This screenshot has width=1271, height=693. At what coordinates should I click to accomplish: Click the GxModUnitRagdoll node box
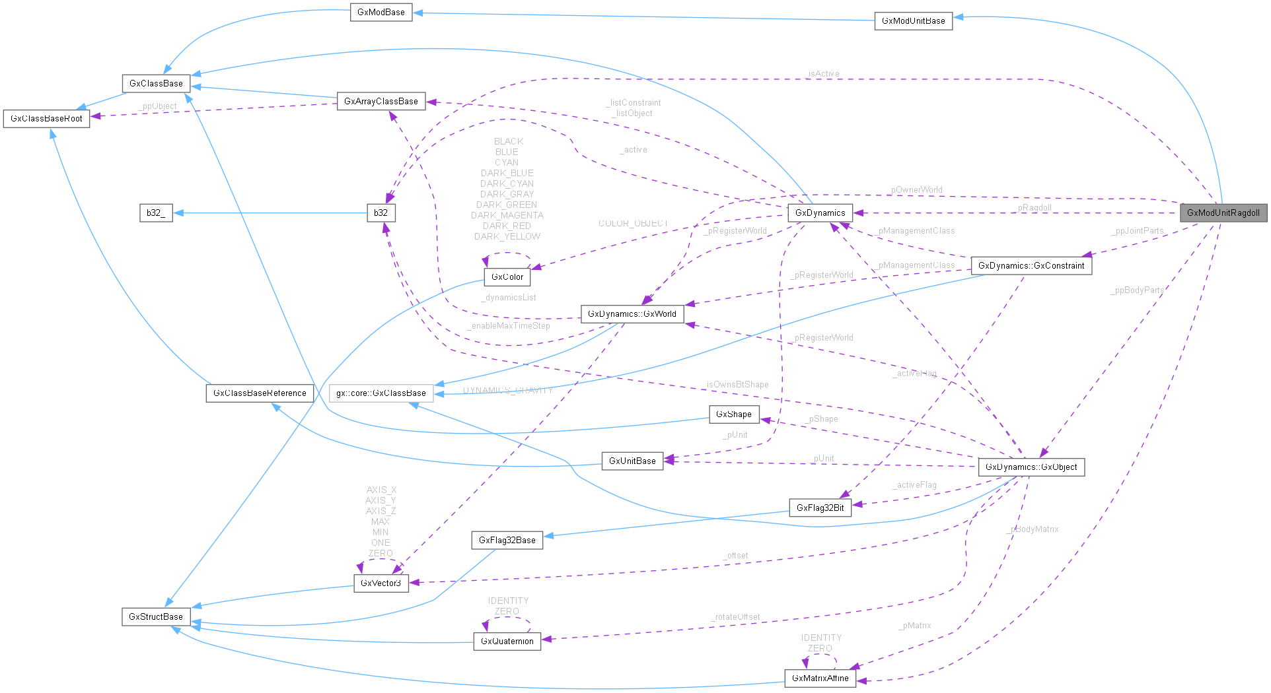pyautogui.click(x=1223, y=213)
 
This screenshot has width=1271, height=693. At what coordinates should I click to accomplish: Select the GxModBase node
pyautogui.click(x=381, y=13)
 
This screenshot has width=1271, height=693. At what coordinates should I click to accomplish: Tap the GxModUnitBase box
pyautogui.click(x=914, y=21)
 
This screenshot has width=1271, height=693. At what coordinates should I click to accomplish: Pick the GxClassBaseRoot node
pyautogui.click(x=46, y=119)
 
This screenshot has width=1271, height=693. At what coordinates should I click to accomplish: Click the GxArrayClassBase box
pyautogui.click(x=381, y=102)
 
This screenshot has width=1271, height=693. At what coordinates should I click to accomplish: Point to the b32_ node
pyautogui.click(x=156, y=213)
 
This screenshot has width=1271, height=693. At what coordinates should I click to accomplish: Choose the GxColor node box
pyautogui.click(x=507, y=277)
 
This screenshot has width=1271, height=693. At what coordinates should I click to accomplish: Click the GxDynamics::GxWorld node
pyautogui.click(x=632, y=314)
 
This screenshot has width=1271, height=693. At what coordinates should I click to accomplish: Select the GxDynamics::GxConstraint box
pyautogui.click(x=1031, y=266)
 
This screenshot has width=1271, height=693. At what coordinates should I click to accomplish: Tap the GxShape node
pyautogui.click(x=734, y=414)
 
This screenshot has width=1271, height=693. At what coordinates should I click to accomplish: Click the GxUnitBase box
pyautogui.click(x=632, y=461)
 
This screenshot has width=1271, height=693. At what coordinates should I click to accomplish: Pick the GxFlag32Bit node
pyautogui.click(x=820, y=508)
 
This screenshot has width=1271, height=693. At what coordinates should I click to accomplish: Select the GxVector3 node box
pyautogui.click(x=381, y=583)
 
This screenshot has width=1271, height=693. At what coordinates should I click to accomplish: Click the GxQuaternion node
pyautogui.click(x=507, y=642)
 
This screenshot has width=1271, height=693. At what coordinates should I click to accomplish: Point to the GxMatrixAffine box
pyautogui.click(x=820, y=678)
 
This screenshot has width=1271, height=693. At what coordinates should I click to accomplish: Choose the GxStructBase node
pyautogui.click(x=156, y=617)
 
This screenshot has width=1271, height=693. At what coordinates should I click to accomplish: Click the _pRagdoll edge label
pyautogui.click(x=1035, y=208)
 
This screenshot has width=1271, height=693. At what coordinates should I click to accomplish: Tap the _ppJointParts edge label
pyautogui.click(x=1138, y=231)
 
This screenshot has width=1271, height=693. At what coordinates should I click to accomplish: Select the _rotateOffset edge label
pyautogui.click(x=736, y=617)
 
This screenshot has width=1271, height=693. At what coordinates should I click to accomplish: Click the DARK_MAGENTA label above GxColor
pyautogui.click(x=507, y=216)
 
